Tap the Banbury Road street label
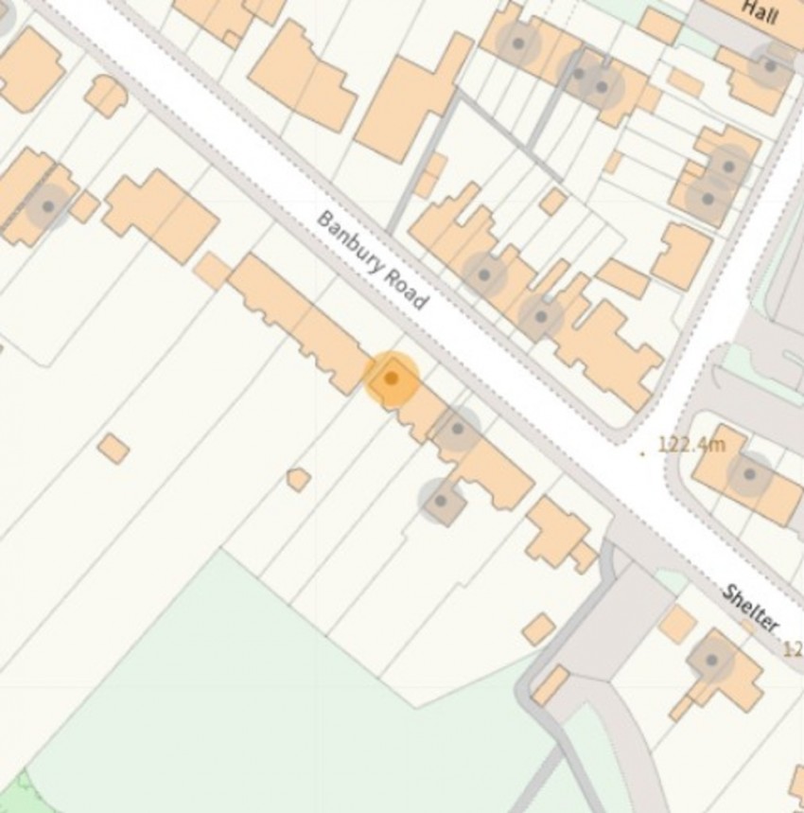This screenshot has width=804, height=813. click(x=372, y=260)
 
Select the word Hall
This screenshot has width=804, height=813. click(x=760, y=10)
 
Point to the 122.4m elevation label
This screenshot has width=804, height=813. click(x=690, y=444)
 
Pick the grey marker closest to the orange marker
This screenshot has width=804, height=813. click(x=458, y=429)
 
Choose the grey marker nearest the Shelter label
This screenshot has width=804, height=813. click(x=711, y=660)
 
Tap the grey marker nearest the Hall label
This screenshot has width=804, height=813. click(x=771, y=66)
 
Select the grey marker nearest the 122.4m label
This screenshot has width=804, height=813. click(x=749, y=474)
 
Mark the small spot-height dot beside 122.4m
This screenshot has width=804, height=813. click(x=642, y=453)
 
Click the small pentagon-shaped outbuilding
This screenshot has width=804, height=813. click(x=298, y=479)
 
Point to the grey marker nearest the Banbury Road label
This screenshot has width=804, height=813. click(x=484, y=275)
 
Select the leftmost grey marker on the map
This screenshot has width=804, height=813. click(x=47, y=205)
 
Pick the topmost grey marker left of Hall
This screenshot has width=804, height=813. click(x=517, y=43)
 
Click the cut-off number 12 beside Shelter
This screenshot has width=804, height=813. click(x=793, y=649)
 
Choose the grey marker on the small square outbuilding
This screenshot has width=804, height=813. click(x=440, y=501)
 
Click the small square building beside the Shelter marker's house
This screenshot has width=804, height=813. click(x=678, y=624)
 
